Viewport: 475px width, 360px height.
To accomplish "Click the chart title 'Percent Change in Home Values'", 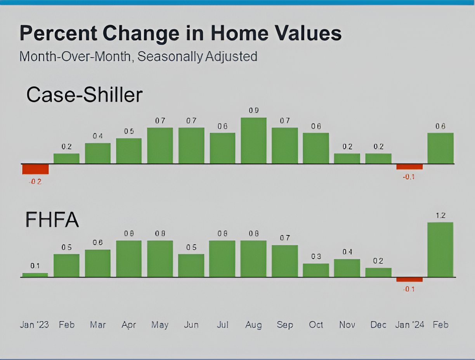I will (x=180, y=33).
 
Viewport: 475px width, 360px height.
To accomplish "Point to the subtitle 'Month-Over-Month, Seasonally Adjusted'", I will (x=138, y=57).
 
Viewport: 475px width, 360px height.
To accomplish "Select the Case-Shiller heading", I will (x=84, y=95).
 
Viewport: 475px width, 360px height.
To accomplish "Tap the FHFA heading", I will (x=52, y=220).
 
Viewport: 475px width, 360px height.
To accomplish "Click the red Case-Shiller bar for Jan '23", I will (x=35, y=169).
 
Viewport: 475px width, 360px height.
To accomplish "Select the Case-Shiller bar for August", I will (x=253, y=140).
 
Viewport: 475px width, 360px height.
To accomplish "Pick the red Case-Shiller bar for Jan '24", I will (x=409, y=166).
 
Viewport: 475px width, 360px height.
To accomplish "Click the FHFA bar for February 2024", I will (x=440, y=250).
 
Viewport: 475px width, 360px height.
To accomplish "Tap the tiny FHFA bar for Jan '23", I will (x=35, y=275).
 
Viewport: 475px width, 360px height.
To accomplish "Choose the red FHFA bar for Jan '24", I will (x=409, y=279).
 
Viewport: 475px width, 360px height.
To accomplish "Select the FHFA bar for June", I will (x=191, y=265).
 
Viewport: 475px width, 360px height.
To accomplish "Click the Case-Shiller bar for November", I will (x=347, y=158).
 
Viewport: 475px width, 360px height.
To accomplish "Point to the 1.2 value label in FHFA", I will (x=440, y=216).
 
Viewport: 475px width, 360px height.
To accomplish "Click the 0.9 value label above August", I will (x=253, y=111).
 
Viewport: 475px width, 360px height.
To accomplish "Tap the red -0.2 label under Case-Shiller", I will (x=35, y=181).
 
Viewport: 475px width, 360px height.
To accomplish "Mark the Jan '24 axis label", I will (x=409, y=325).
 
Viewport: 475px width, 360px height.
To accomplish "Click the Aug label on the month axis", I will (x=253, y=325).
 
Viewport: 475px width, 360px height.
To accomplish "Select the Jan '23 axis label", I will (x=35, y=325).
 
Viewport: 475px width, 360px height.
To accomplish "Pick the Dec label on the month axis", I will (x=378, y=325).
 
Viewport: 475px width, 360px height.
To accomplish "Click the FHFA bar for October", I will (x=316, y=270).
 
